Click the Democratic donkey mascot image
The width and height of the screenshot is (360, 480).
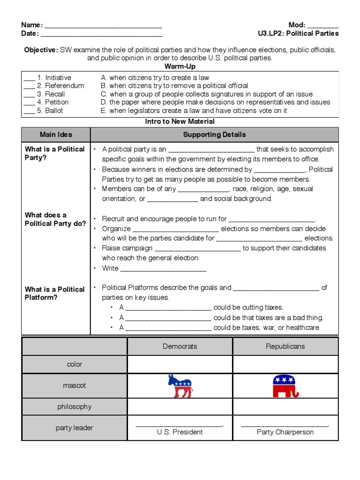tap(180, 386)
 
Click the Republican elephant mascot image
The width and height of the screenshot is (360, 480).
tap(285, 386)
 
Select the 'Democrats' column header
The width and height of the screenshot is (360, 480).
tap(180, 346)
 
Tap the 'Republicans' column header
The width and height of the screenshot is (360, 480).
tap(285, 346)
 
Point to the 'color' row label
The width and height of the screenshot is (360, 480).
tap(75, 364)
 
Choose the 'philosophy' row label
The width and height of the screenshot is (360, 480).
tap(75, 406)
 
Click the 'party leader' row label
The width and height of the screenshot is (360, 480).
tap(75, 427)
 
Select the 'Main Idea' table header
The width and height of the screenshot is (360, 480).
tap(56, 135)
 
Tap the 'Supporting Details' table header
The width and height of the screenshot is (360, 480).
tap(214, 135)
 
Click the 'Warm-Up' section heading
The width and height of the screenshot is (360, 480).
tap(180, 67)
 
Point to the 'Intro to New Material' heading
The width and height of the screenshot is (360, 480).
tap(180, 121)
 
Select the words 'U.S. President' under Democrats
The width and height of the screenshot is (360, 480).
tap(180, 432)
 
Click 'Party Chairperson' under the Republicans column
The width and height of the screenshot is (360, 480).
tap(285, 432)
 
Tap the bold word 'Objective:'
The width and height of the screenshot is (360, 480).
tap(41, 50)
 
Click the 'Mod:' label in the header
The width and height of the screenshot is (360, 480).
tap(297, 25)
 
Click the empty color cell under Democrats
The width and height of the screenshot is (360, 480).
tap(180, 364)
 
